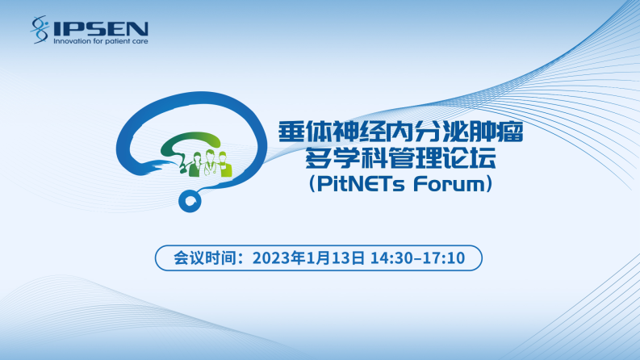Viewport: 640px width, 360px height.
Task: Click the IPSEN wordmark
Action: pyautogui.click(x=100, y=28)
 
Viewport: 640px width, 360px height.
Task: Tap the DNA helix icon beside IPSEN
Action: pyautogui.click(x=40, y=29)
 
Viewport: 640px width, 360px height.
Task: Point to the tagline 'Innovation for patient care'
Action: pyautogui.click(x=101, y=41)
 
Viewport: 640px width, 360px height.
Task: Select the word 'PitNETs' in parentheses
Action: pyautogui.click(x=361, y=184)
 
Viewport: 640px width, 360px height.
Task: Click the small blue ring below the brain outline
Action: pyautogui.click(x=190, y=201)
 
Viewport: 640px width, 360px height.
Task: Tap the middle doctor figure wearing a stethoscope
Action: pyautogui.click(x=210, y=163)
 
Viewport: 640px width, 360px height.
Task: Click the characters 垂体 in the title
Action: pyautogui.click(x=305, y=132)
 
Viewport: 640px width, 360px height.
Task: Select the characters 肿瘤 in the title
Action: pyautogui.click(x=496, y=132)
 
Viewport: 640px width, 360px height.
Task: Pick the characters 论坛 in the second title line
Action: pyautogui.click(x=470, y=157)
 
